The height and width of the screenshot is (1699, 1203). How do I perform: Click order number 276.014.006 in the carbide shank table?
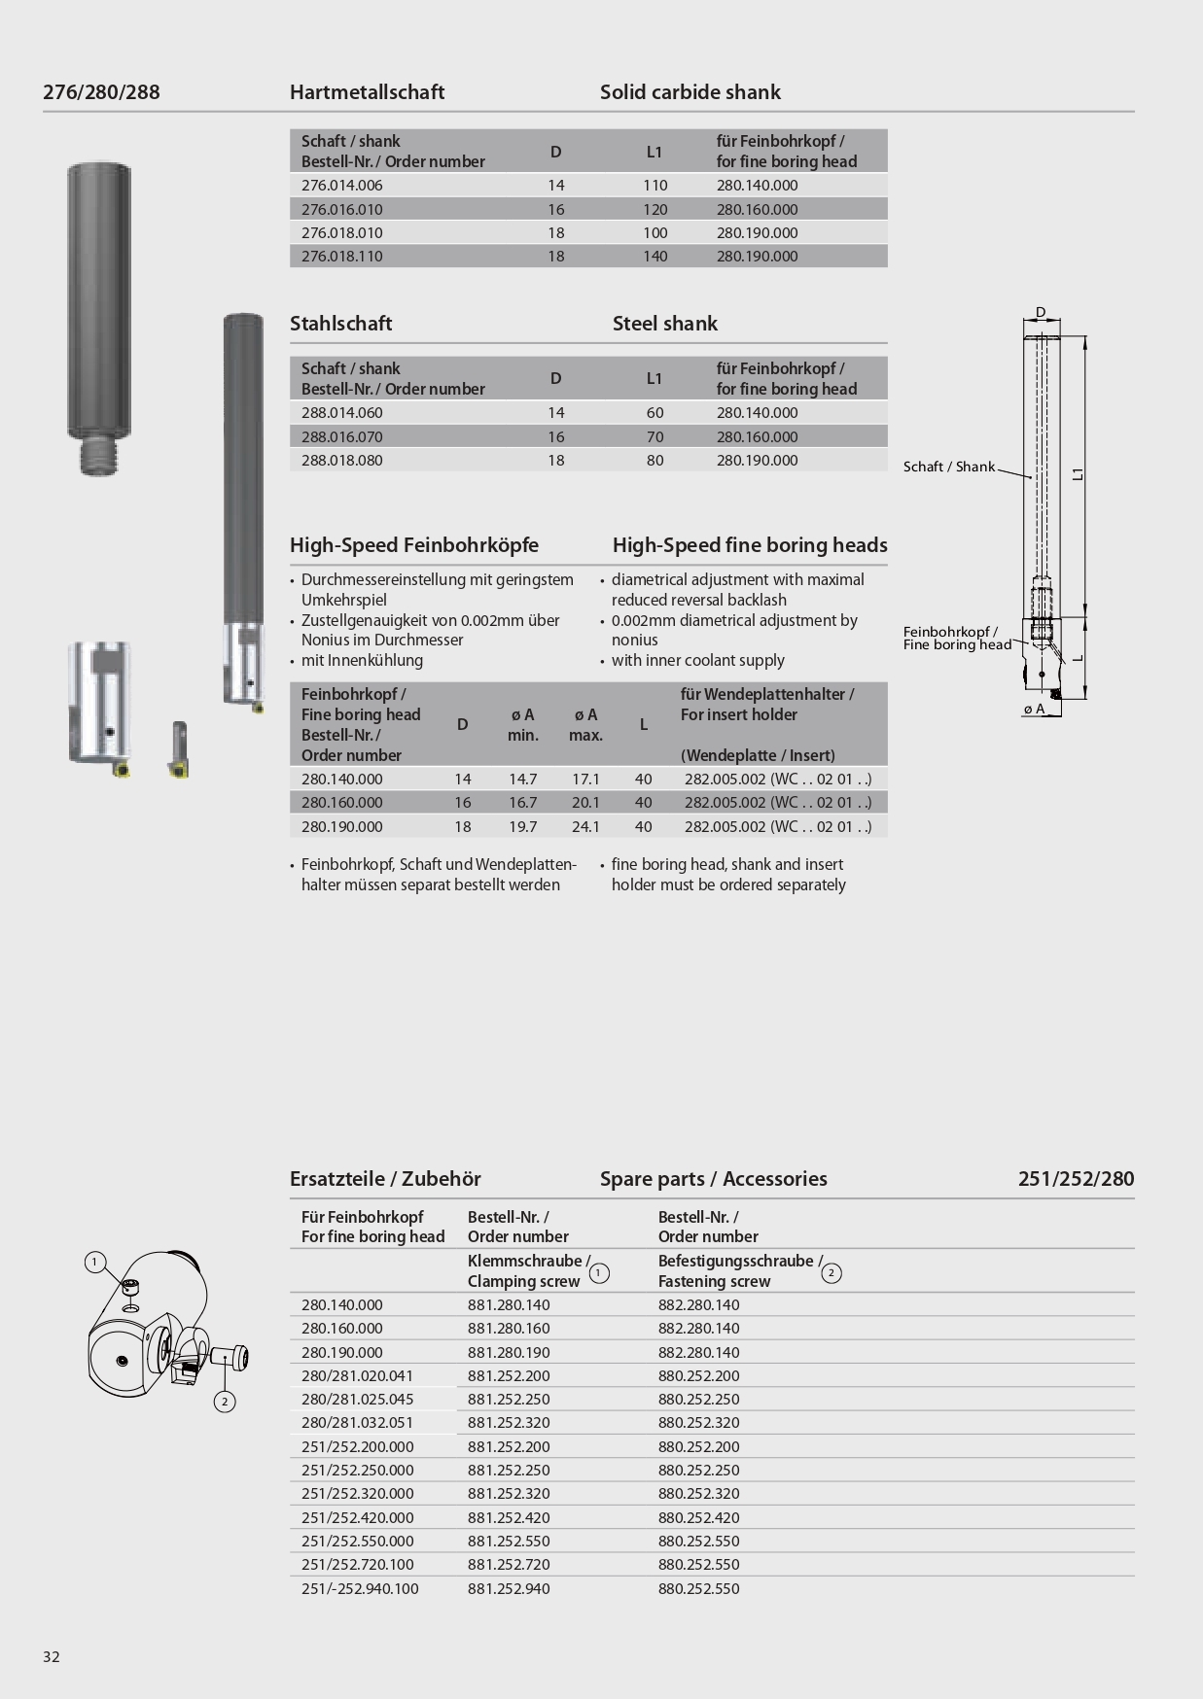[341, 186]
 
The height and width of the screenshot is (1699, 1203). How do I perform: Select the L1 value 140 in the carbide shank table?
[655, 257]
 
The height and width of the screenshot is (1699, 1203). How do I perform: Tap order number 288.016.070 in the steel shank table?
[341, 436]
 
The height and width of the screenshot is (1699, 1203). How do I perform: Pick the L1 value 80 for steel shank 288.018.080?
[655, 461]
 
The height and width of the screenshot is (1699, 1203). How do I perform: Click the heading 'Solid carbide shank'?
[690, 92]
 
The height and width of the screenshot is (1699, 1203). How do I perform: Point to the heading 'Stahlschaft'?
[340, 324]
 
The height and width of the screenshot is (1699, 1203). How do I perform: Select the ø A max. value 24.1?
[585, 827]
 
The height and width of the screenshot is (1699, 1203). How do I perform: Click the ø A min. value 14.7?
[522, 780]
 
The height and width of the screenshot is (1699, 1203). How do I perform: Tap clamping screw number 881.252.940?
[508, 1589]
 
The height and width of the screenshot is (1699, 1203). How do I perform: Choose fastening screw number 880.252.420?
[698, 1518]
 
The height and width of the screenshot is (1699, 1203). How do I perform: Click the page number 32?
[52, 1657]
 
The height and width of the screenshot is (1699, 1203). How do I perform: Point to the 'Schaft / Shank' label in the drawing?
[948, 468]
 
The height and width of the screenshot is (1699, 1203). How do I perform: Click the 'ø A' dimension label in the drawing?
[1034, 710]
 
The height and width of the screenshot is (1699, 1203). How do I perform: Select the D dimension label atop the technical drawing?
[1040, 313]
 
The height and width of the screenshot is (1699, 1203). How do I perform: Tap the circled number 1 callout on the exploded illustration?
[94, 1263]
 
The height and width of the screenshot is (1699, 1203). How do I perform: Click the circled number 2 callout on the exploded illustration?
[225, 1401]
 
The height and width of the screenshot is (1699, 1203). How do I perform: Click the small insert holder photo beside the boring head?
[179, 749]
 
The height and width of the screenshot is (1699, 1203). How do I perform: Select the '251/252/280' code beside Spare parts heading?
[1076, 1179]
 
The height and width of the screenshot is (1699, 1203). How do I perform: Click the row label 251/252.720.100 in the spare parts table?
[357, 1565]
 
